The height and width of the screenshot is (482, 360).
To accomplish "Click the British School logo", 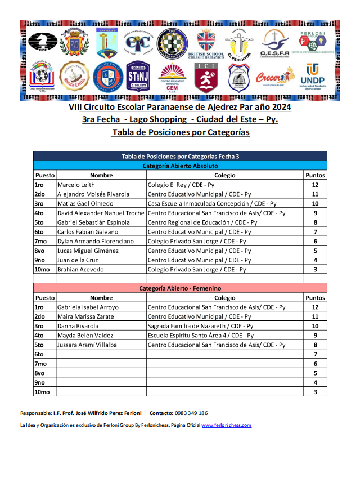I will click(206, 44).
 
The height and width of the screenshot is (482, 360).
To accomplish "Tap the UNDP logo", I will click(312, 77).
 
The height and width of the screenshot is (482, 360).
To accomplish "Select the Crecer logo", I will click(274, 77).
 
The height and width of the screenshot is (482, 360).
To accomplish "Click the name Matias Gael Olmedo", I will click(85, 203).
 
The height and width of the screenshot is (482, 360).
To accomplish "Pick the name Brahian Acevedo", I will click(80, 270).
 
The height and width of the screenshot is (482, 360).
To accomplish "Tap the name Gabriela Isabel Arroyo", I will click(88, 307).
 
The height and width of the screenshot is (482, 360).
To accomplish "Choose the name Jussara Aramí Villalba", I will click(87, 345).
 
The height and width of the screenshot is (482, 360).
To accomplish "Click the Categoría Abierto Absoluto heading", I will click(180, 166).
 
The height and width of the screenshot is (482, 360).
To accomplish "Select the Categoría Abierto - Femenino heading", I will click(180, 288).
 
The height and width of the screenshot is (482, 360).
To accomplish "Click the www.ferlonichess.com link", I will click(226, 426).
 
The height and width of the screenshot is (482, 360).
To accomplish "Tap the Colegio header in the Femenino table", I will click(224, 298).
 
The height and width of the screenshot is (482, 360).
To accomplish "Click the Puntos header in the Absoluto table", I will click(315, 176).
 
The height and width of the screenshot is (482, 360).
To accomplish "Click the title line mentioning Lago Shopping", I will click(180, 120).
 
